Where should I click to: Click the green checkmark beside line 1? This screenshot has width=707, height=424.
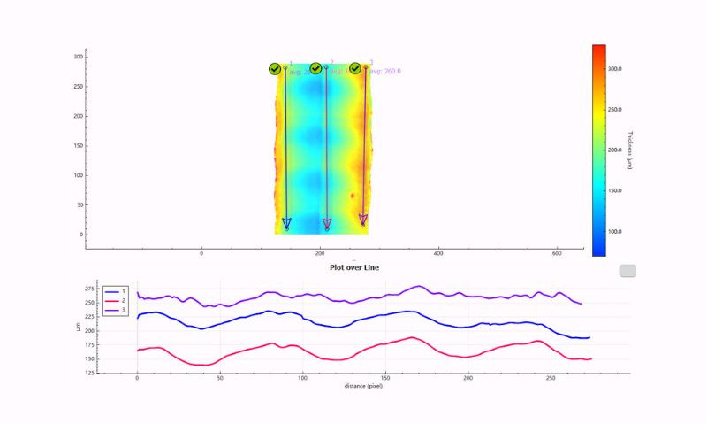(x=275, y=69)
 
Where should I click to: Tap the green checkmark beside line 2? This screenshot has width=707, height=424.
(x=315, y=68)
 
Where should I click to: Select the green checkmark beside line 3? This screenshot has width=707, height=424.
(x=355, y=68)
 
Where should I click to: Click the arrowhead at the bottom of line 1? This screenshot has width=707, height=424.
(x=286, y=223)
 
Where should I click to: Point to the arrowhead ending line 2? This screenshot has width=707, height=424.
(x=327, y=224)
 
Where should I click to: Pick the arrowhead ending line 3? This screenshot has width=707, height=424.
(x=363, y=220)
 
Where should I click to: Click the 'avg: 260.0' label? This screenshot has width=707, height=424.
(x=385, y=72)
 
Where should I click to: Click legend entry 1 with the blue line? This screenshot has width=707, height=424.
(x=116, y=291)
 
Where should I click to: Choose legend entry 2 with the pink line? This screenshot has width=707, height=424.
(x=116, y=301)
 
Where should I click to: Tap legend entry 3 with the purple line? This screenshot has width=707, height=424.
(x=116, y=311)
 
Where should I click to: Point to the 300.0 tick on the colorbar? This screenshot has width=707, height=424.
(x=615, y=68)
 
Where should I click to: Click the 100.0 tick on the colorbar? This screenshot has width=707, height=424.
(x=615, y=231)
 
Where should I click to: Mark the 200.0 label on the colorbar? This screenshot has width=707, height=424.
(x=615, y=150)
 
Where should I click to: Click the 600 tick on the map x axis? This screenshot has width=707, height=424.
(x=556, y=254)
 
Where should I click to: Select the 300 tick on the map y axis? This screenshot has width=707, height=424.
(x=78, y=57)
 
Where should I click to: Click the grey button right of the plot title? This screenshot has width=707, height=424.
(x=627, y=270)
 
